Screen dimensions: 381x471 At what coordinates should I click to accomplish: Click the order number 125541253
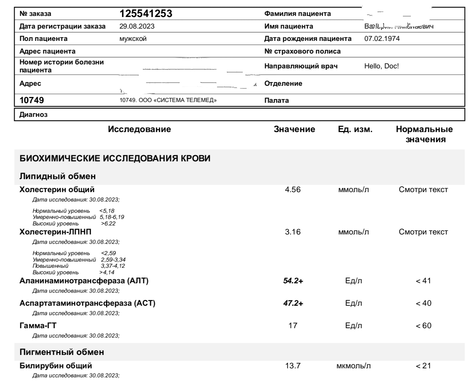click(x=146, y=14)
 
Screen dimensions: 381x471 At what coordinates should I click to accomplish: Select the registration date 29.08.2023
click(x=137, y=26)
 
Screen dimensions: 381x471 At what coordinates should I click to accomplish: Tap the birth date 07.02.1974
click(x=382, y=39)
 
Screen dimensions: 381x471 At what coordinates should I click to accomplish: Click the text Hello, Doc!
click(x=382, y=66)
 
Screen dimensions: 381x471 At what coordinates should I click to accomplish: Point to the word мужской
click(x=133, y=39)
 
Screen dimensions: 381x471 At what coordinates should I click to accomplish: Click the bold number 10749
click(x=32, y=100)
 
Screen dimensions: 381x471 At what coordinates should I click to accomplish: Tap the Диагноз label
click(x=33, y=115)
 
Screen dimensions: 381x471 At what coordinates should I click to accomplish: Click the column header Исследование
click(x=139, y=130)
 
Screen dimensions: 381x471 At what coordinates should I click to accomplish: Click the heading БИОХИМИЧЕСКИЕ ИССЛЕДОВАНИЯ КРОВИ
click(x=115, y=159)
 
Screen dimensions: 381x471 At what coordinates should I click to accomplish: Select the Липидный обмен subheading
click(x=57, y=177)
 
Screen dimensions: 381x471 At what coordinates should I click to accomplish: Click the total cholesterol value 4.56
click(x=293, y=190)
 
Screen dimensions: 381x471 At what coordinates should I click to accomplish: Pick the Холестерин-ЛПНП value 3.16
click(x=293, y=232)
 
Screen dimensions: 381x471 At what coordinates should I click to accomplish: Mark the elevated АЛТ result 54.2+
click(x=293, y=281)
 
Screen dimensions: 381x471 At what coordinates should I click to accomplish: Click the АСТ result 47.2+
click(x=293, y=303)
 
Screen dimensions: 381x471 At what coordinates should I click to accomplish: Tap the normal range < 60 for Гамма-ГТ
click(x=423, y=326)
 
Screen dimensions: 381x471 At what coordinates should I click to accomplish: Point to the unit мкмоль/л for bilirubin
click(x=353, y=366)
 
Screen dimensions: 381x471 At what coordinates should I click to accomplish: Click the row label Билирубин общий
click(x=55, y=366)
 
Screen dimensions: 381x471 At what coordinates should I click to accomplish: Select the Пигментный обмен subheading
click(x=62, y=352)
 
